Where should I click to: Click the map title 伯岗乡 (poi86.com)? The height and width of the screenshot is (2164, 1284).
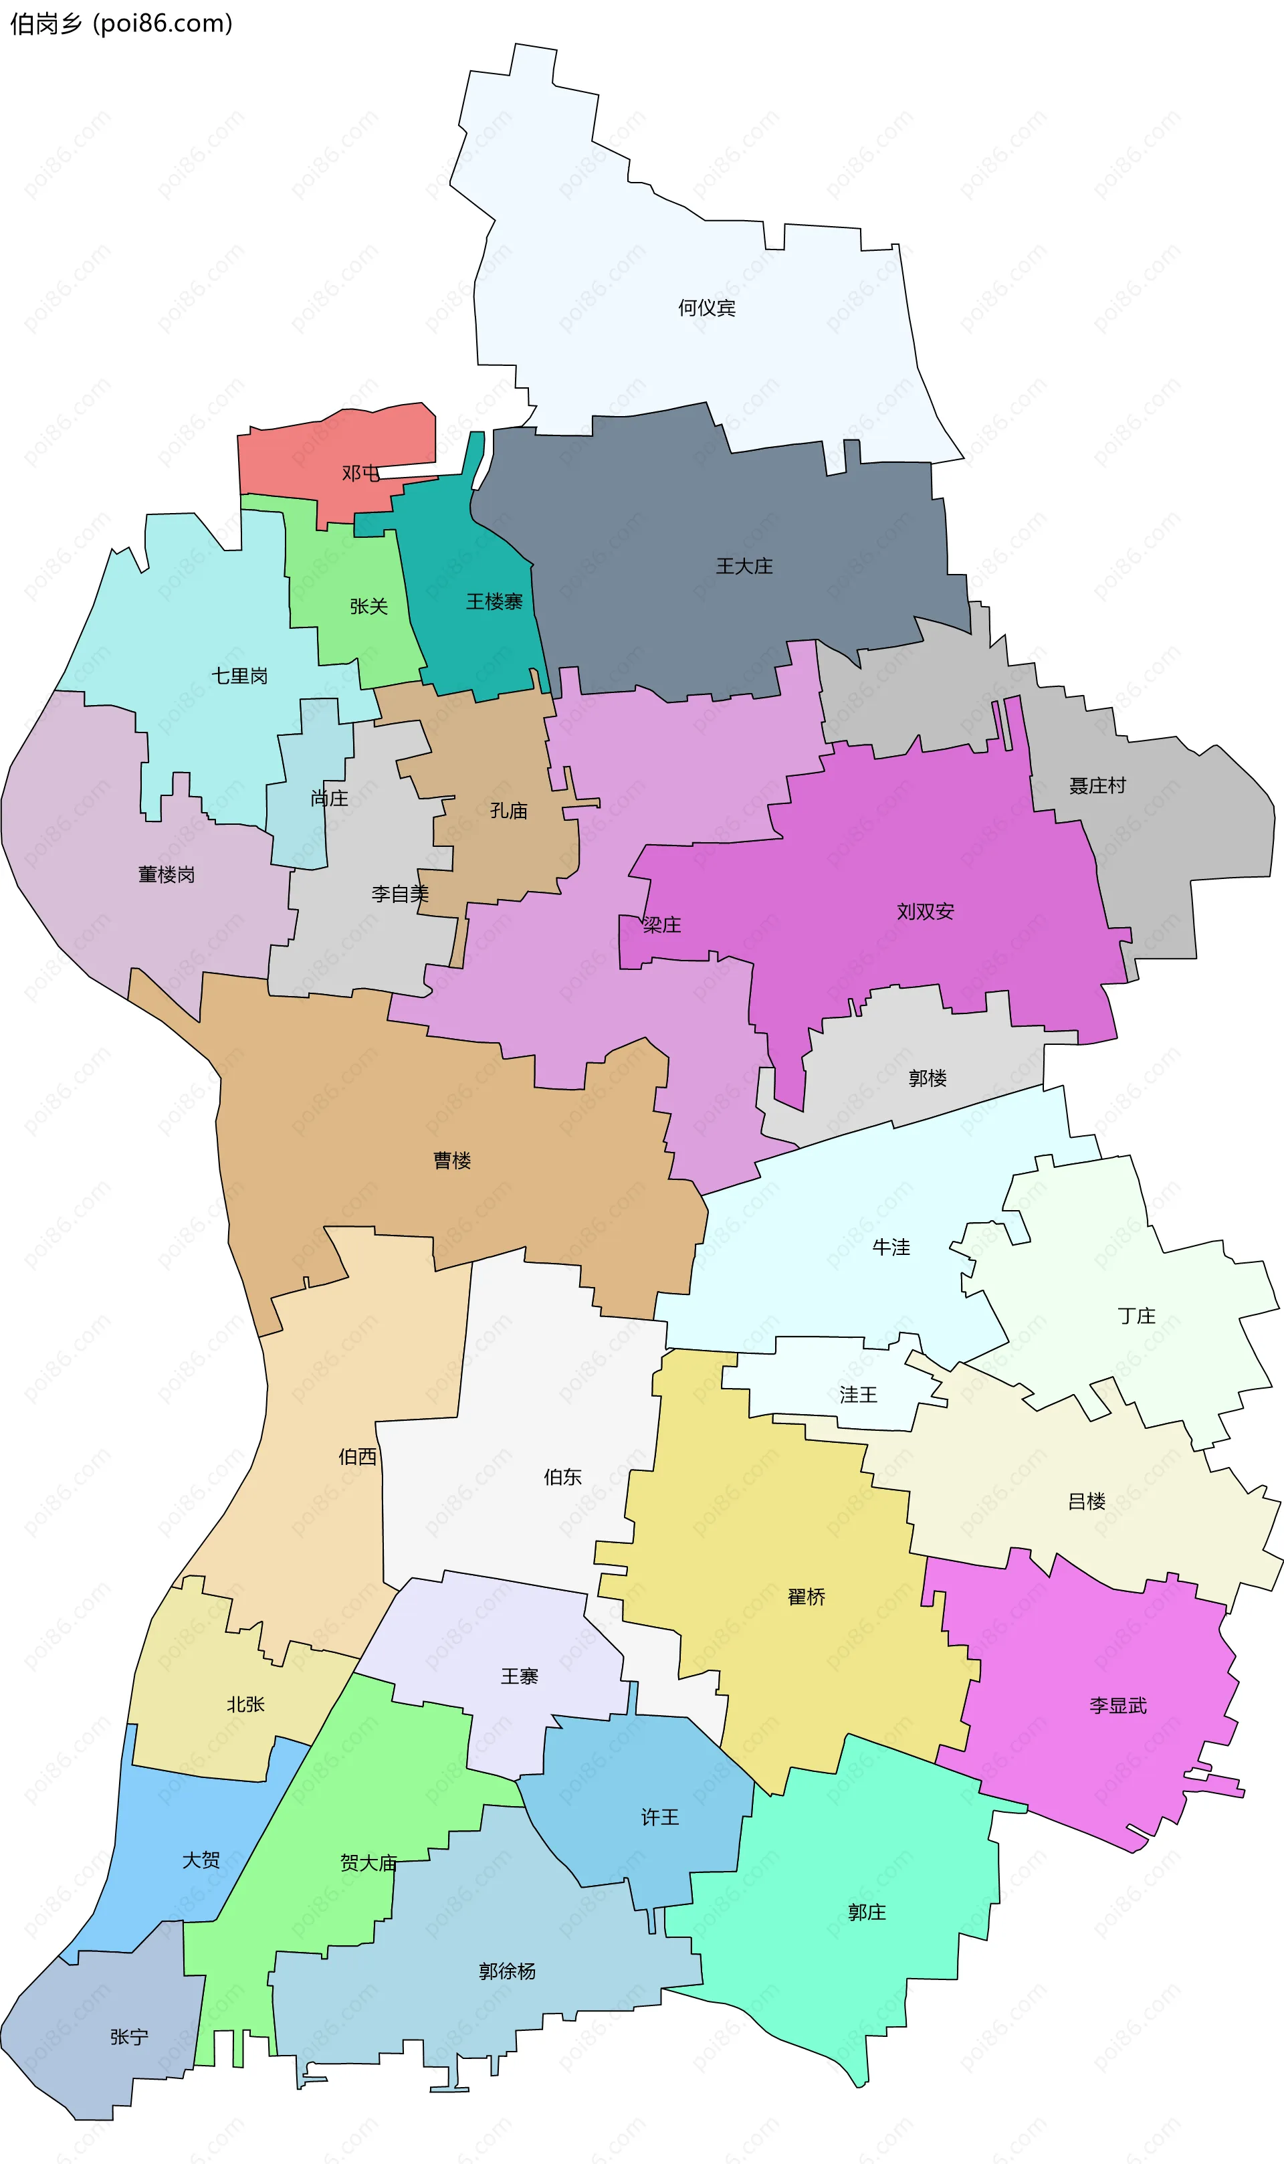121,23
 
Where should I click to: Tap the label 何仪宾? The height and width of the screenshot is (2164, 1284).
706,308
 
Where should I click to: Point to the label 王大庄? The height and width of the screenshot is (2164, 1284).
744,566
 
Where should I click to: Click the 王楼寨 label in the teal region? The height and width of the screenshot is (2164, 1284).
494,601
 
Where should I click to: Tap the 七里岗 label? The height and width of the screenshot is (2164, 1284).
239,676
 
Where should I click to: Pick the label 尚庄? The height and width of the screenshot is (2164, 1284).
329,798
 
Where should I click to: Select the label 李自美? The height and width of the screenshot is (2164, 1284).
400,894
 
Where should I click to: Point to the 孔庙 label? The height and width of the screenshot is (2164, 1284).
509,811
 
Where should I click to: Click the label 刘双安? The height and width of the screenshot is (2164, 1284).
925,911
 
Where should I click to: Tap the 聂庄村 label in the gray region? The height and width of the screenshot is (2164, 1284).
1097,785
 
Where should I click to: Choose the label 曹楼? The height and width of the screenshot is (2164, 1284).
451,1161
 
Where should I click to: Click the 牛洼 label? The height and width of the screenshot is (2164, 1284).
891,1247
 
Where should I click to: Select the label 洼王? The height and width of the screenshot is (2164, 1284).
857,1394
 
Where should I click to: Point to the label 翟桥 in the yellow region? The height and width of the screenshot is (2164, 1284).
807,1596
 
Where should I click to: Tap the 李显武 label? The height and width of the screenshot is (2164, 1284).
1118,1705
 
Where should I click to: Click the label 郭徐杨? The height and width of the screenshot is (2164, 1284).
507,1971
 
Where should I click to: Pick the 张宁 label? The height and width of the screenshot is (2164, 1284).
129,2037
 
